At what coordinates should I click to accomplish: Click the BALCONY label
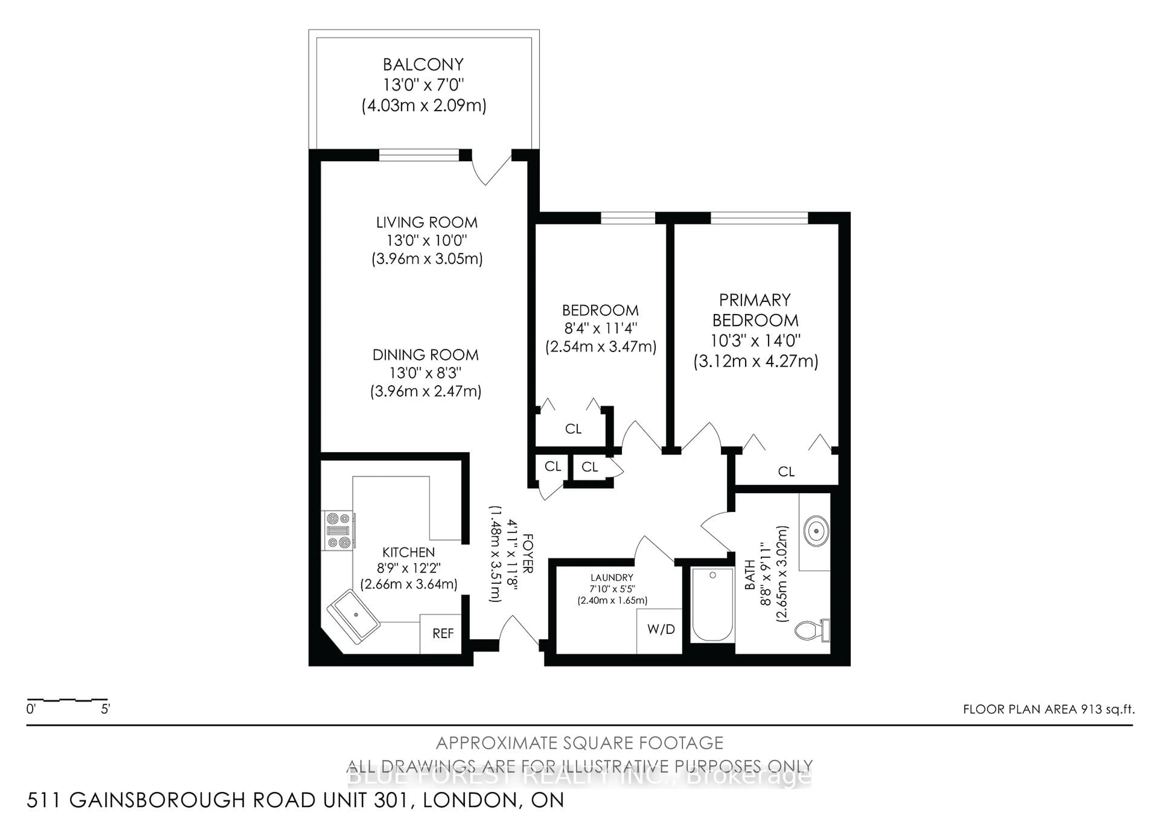[423, 65]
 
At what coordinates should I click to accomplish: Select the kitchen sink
[353, 616]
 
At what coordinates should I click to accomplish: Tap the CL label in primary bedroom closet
[786, 472]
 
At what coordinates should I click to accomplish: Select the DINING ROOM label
[426, 355]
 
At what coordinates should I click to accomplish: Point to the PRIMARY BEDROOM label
[755, 310]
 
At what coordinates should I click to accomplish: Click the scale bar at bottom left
[67, 700]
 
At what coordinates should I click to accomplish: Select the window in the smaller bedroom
[627, 218]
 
